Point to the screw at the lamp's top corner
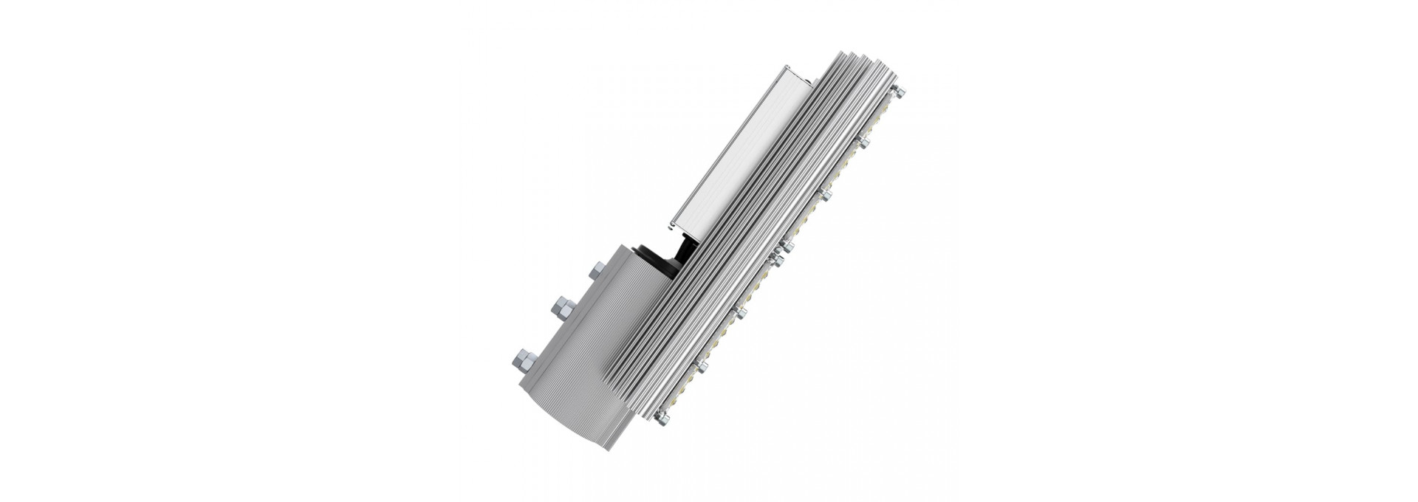(899, 92)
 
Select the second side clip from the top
(826, 194)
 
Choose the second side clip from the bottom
(740, 314)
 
